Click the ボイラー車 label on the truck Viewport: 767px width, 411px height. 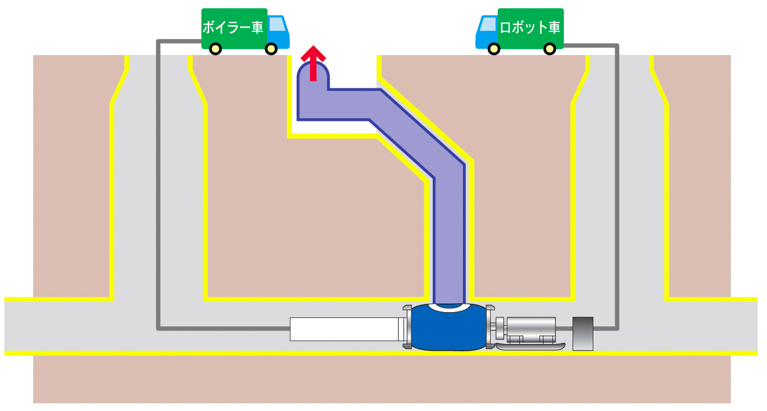click(232, 27)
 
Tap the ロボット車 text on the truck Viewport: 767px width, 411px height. click(530, 27)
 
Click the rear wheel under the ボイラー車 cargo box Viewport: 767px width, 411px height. click(216, 49)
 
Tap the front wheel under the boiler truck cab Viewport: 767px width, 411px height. click(271, 49)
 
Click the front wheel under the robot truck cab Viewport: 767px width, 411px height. click(494, 49)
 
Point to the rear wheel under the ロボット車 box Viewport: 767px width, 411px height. click(549, 49)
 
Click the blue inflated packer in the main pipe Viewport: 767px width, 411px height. click(449, 332)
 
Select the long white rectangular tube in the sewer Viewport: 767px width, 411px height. click(344, 329)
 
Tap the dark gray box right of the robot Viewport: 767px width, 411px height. click(583, 333)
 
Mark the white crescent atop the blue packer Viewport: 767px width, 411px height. click(449, 307)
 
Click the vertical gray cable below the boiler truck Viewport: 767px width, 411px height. click(158, 178)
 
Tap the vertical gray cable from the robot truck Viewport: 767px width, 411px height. click(617, 178)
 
